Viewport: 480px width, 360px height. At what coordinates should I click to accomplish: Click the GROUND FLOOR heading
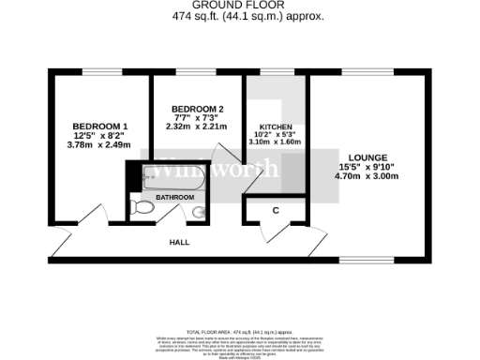tap(240, 5)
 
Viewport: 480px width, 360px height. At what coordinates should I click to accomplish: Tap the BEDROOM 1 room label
tap(100, 127)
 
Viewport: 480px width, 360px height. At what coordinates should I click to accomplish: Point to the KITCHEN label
tap(277, 127)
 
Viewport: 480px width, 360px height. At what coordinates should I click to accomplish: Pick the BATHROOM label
tap(174, 198)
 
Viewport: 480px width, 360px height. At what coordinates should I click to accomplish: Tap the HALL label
tap(179, 242)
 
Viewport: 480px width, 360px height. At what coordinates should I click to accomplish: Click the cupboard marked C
tap(276, 211)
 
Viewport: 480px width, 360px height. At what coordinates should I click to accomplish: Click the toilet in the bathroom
tap(144, 206)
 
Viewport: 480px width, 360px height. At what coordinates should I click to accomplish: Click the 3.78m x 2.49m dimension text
tap(99, 144)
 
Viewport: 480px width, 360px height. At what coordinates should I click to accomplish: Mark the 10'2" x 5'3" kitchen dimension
tap(277, 135)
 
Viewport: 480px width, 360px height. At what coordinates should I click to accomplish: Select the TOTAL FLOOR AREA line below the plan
tap(240, 333)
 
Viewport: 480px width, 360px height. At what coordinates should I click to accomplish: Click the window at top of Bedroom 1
tap(100, 71)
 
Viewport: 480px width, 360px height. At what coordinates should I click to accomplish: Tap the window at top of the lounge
tap(355, 71)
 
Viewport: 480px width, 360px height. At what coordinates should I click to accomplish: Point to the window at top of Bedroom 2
tap(194, 71)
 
